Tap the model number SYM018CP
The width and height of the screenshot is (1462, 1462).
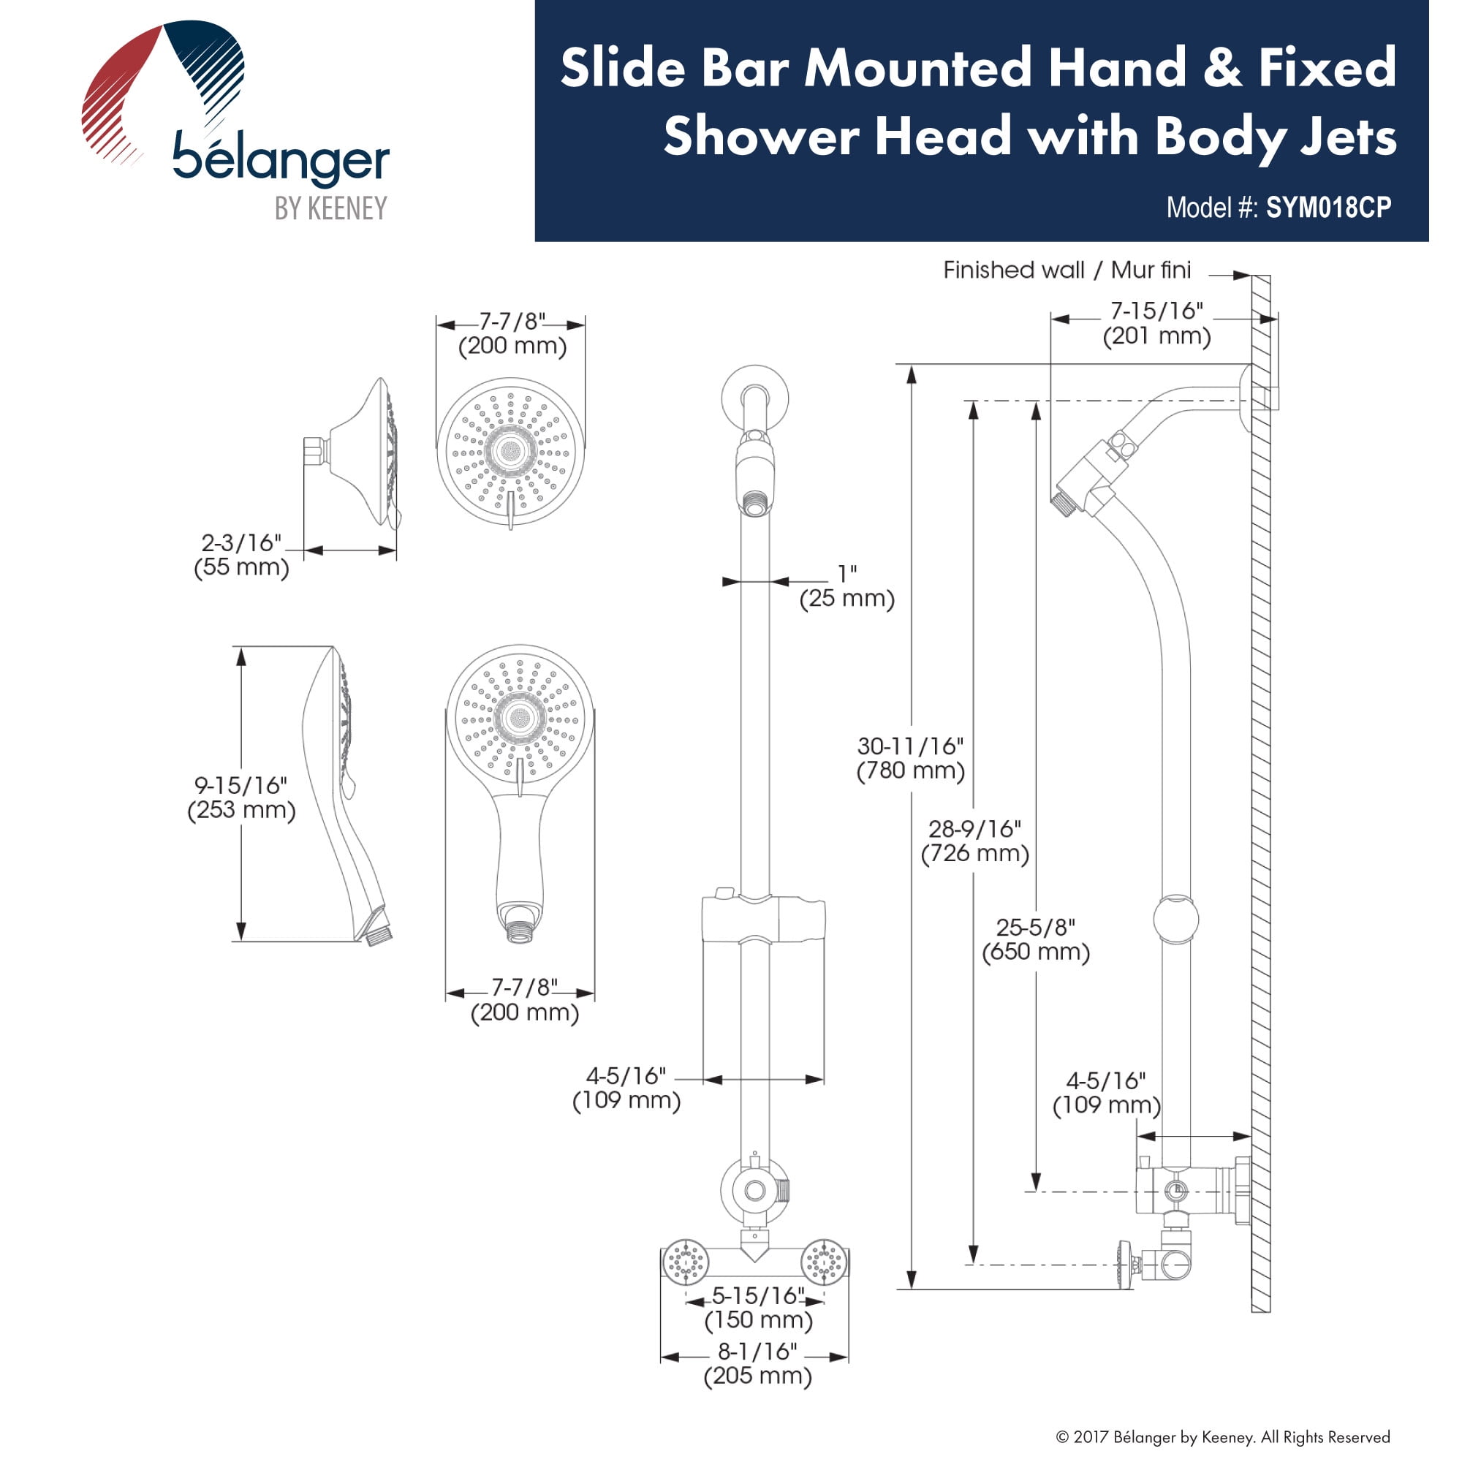(1328, 208)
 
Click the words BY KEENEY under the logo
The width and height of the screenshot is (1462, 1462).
(330, 208)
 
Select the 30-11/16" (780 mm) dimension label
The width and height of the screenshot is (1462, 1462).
(910, 758)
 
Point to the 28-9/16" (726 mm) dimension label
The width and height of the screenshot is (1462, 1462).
(974, 841)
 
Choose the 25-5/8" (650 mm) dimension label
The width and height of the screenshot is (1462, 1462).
(1035, 939)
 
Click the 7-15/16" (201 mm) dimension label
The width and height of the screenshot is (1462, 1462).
(1156, 323)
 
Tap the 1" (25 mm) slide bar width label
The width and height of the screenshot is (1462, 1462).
(846, 586)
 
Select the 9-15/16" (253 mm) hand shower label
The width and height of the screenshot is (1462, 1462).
(241, 798)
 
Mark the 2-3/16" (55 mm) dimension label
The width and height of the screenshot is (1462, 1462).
(241, 555)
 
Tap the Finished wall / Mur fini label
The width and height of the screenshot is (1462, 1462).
(1067, 270)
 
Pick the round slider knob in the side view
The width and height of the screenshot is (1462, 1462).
(1175, 920)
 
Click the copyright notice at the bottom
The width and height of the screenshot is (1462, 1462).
(1222, 1436)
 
